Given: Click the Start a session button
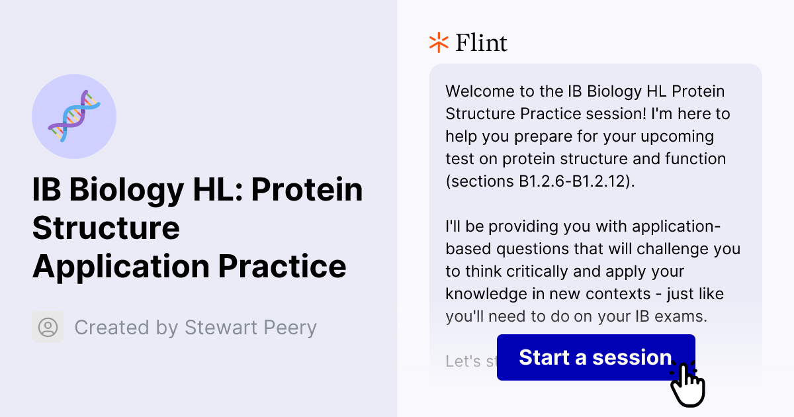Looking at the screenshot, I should (595, 357).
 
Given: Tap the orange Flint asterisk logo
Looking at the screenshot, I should (438, 42).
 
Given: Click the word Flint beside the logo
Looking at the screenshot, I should (482, 43).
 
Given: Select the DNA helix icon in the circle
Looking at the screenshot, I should (74, 116).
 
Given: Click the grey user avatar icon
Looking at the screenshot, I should (48, 327).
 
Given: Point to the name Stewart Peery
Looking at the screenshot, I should (251, 328).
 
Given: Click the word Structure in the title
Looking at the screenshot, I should (106, 228).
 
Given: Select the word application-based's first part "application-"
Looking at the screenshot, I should (675, 226).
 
